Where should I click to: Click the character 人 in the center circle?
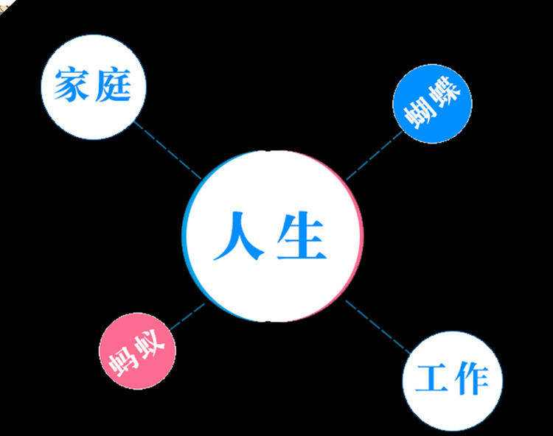239,236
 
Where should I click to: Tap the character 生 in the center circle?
301,236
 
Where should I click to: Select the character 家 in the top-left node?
72,86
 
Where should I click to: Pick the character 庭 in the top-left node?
113,86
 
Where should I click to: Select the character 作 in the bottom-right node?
470,379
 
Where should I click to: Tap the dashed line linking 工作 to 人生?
377,325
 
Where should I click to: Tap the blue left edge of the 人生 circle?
184,236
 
